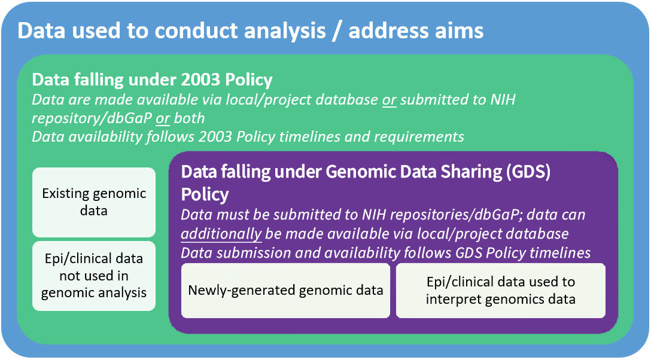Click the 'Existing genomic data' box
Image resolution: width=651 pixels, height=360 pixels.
[x=94, y=202]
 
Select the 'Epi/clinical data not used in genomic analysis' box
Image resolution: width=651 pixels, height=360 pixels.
[x=94, y=276]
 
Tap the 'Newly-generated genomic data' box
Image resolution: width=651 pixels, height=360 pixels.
[x=285, y=290]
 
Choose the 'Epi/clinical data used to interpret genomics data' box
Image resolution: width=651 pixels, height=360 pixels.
[x=501, y=290]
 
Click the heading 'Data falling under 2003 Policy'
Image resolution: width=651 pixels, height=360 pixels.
[x=152, y=80]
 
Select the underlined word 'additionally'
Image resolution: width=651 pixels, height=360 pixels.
[x=221, y=234]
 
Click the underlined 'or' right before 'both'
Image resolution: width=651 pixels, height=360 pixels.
[x=163, y=118]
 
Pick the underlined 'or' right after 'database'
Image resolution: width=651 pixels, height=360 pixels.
[x=390, y=100]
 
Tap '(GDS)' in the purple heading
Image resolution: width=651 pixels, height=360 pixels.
[x=528, y=172]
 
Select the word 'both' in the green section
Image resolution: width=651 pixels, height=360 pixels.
[x=189, y=118]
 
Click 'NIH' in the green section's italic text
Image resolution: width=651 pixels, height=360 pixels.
[x=503, y=99]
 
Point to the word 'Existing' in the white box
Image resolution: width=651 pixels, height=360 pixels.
[x=66, y=194]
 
